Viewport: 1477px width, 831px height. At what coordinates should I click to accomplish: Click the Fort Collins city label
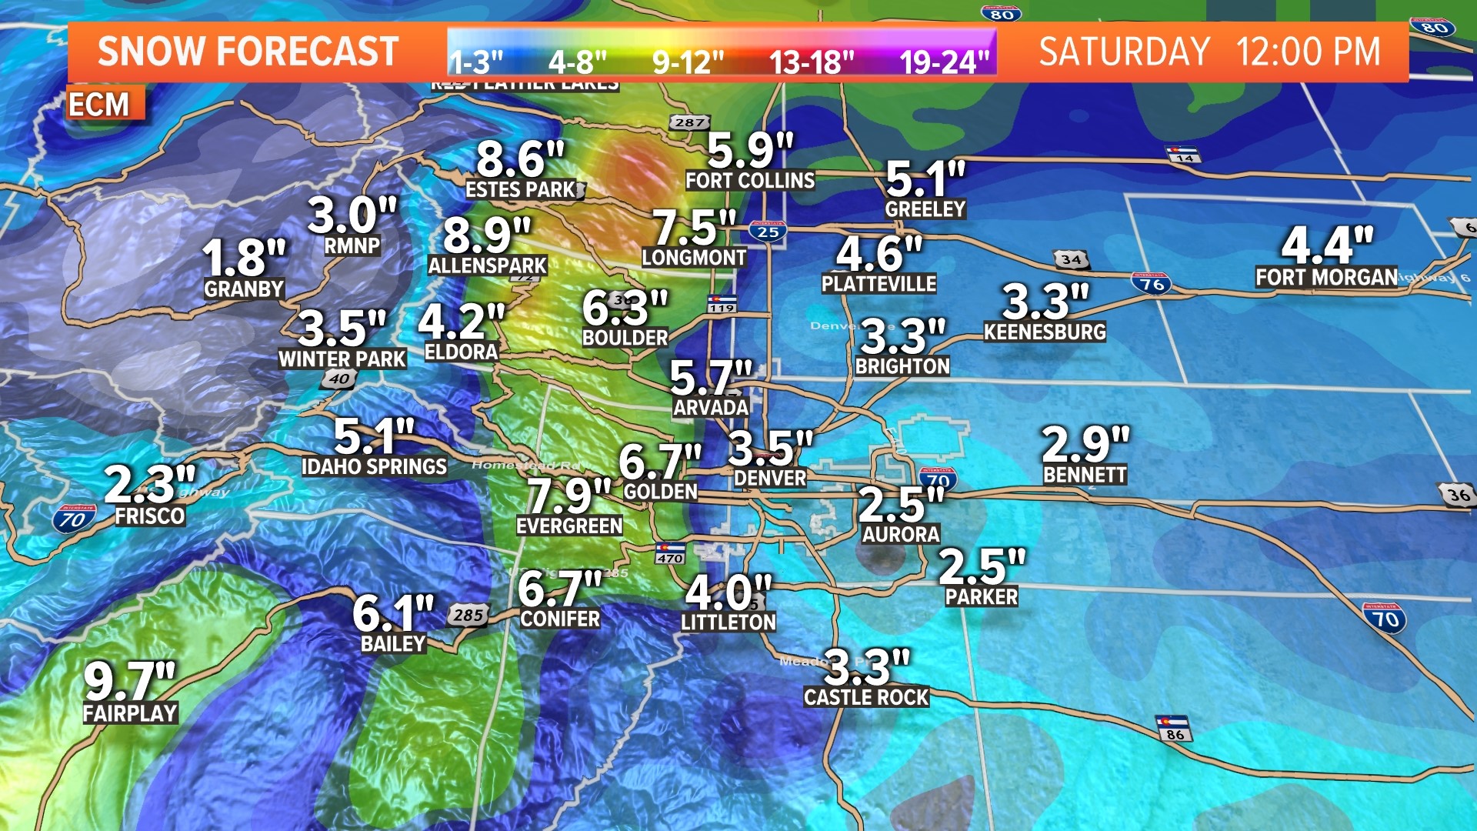pyautogui.click(x=750, y=181)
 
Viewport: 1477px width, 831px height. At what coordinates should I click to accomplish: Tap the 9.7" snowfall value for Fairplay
pyautogui.click(x=129, y=681)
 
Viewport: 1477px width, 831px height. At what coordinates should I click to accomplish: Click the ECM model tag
pyautogui.click(x=99, y=105)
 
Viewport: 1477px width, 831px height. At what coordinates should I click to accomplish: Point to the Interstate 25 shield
pyautogui.click(x=768, y=231)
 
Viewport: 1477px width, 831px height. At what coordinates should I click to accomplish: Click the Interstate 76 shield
pyautogui.click(x=1152, y=284)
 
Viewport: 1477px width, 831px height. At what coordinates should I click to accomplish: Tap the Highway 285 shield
pyautogui.click(x=468, y=615)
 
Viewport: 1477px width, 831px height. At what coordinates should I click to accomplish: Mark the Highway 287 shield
pyautogui.click(x=689, y=122)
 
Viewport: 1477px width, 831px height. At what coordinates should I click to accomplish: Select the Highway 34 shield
pyautogui.click(x=1071, y=259)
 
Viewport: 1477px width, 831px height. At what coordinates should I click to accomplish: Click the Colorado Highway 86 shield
pyautogui.click(x=1174, y=729)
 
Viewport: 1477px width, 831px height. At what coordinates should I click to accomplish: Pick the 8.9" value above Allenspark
pyautogui.click(x=487, y=235)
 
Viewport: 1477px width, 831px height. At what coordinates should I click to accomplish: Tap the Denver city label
pyautogui.click(x=769, y=478)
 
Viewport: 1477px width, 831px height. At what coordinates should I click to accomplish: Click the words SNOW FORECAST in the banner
pyautogui.click(x=248, y=52)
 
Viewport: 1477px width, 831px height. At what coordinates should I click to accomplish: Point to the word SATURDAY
pyautogui.click(x=1125, y=52)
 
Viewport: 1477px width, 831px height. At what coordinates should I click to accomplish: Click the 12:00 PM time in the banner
pyautogui.click(x=1309, y=52)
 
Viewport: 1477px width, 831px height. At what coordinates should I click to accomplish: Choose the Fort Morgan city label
pyautogui.click(x=1326, y=277)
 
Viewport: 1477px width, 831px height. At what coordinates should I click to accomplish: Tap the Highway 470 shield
pyautogui.click(x=670, y=553)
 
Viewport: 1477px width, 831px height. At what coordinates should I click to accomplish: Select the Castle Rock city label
pyautogui.click(x=866, y=697)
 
